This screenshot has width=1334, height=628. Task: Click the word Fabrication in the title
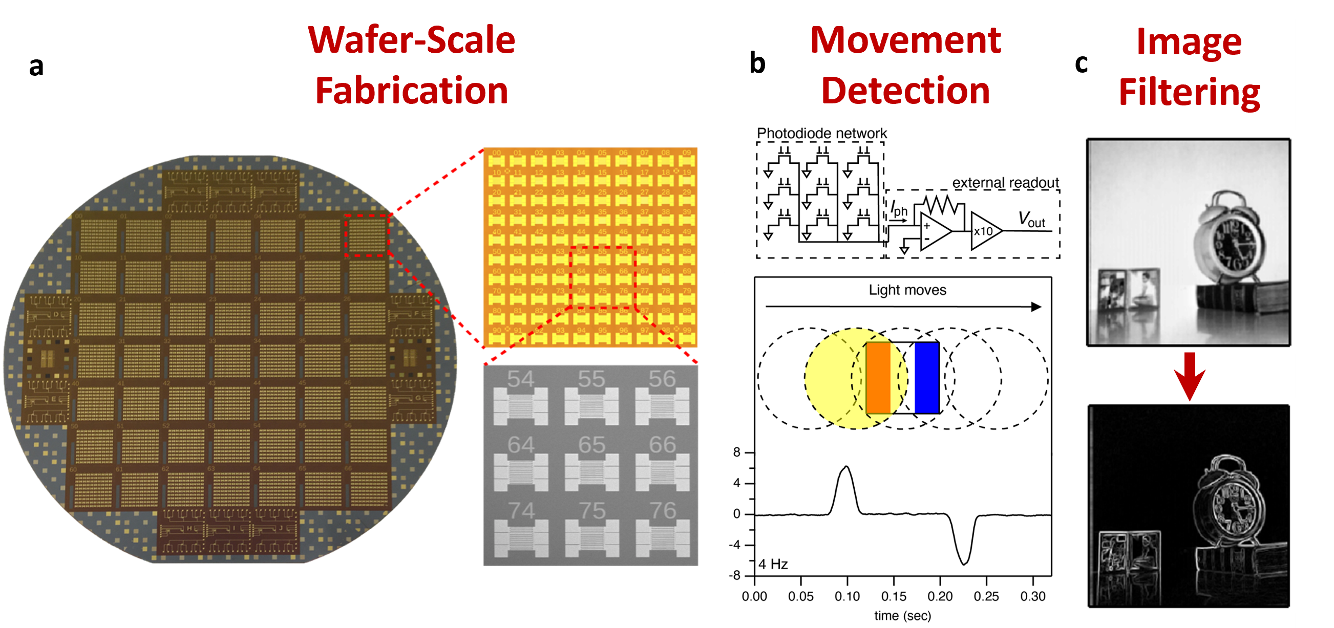pos(412,91)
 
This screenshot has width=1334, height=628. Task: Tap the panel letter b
pos(757,63)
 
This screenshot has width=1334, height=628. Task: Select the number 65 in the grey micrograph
pos(591,445)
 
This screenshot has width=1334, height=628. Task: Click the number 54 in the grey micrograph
pos(520,379)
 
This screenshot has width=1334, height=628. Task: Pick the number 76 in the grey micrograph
pos(662,510)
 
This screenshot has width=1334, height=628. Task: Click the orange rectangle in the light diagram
pos(878,377)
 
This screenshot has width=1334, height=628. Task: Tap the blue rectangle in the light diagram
pos(926,377)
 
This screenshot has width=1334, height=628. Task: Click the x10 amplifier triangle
pos(984,231)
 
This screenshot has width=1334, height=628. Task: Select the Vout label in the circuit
pos(1031,220)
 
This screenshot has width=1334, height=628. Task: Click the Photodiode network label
pos(822,133)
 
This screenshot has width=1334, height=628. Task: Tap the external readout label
pos(1005,183)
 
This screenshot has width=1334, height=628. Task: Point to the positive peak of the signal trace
pos(846,467)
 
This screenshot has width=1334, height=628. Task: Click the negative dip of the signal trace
pos(964,563)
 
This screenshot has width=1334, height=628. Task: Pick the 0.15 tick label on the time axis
pos(894,596)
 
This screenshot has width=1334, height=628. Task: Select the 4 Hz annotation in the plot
pos(773,564)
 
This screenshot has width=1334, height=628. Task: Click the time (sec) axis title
pos(903,616)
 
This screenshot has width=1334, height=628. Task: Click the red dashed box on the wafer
pos(367,235)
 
